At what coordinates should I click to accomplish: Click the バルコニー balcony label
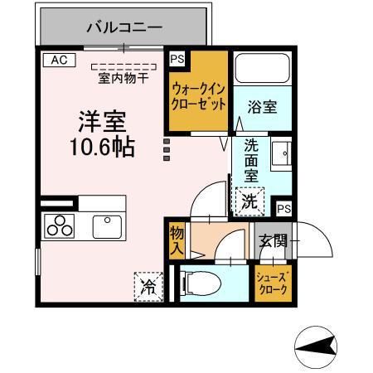point(125,27)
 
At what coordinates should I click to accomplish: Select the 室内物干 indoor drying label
point(124,78)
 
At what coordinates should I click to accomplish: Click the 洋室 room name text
point(101,122)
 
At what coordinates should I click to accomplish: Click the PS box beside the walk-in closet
point(177,59)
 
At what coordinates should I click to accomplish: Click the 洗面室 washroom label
point(251,161)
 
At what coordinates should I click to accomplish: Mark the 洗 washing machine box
point(249,200)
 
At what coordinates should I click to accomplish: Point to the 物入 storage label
point(177,240)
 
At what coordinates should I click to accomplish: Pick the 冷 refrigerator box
point(148,287)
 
